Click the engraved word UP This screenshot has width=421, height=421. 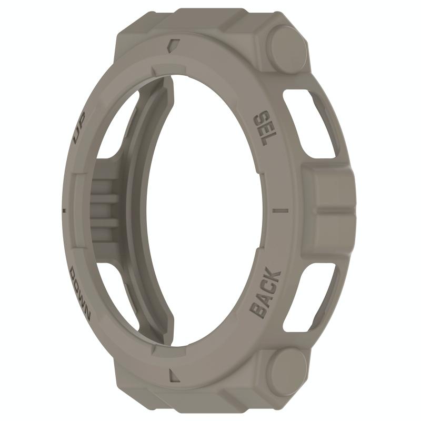click(81, 127)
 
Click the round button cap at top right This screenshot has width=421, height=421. click(287, 50)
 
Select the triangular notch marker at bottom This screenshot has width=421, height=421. click(174, 375)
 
